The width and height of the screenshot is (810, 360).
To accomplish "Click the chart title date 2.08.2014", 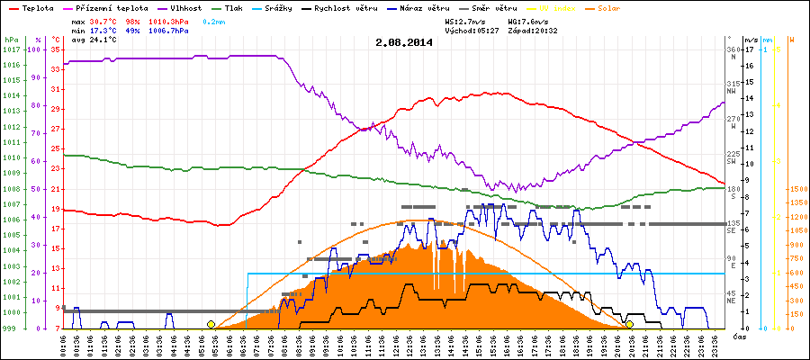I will (405, 41).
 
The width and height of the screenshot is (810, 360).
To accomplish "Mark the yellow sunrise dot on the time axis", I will (211, 324).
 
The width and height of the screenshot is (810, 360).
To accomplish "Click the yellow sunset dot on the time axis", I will (629, 324).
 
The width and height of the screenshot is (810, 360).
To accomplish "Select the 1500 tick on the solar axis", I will (797, 189).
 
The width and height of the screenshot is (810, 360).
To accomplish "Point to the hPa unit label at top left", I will (11, 40).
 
